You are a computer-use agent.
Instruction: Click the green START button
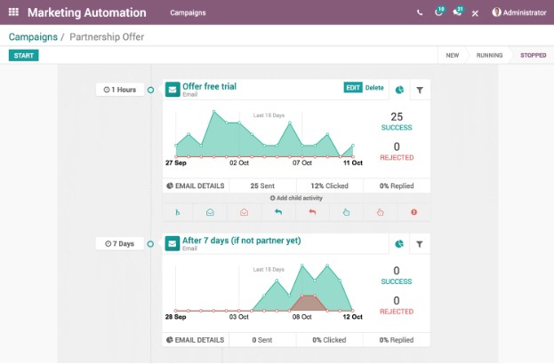pyautogui.click(x=24, y=56)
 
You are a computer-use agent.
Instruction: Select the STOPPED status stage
pyautogui.click(x=534, y=56)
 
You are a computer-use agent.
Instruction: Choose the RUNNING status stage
pyautogui.click(x=489, y=56)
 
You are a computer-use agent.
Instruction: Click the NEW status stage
pyautogui.click(x=452, y=56)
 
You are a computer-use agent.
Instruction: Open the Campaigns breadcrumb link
pyautogui.click(x=32, y=37)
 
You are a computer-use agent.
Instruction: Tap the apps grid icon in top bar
pyautogui.click(x=13, y=13)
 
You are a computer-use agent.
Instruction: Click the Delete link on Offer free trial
pyautogui.click(x=374, y=88)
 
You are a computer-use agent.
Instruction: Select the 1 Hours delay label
pyautogui.click(x=120, y=90)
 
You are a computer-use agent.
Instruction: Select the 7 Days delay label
pyautogui.click(x=120, y=243)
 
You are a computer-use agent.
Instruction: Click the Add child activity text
pyautogui.click(x=296, y=198)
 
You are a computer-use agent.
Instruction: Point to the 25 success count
pyautogui.click(x=397, y=117)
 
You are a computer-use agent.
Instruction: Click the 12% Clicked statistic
pyautogui.click(x=330, y=186)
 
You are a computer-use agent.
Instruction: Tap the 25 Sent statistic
pyautogui.click(x=262, y=186)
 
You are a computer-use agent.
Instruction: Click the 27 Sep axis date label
pyautogui.click(x=175, y=163)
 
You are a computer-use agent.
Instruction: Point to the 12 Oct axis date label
pyautogui.click(x=352, y=316)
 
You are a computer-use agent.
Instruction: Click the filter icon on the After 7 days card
pyautogui.click(x=419, y=243)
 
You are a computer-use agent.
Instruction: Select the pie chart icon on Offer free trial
pyautogui.click(x=399, y=90)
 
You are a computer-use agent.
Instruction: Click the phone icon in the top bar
pyautogui.click(x=420, y=13)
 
